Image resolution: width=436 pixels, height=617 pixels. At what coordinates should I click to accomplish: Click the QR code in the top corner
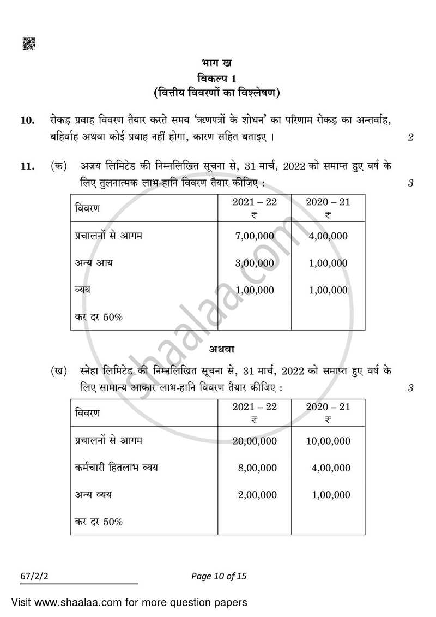(28, 43)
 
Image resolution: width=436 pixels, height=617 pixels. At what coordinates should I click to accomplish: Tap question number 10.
(27, 121)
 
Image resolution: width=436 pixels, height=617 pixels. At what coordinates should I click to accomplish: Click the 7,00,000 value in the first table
(255, 236)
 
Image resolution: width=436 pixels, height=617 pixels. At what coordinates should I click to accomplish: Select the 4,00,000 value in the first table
(328, 236)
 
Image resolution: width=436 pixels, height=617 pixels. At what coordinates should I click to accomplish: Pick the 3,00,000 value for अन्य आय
(255, 263)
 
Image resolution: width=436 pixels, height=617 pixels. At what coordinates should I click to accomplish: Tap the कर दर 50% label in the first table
(98, 317)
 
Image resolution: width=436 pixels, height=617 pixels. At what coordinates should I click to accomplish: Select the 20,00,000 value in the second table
(255, 441)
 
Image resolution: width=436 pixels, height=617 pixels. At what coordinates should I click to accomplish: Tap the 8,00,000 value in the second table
(257, 468)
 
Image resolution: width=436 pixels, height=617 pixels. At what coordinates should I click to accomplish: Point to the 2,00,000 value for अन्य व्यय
(257, 495)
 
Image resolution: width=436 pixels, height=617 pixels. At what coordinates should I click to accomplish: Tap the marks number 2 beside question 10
(410, 137)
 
